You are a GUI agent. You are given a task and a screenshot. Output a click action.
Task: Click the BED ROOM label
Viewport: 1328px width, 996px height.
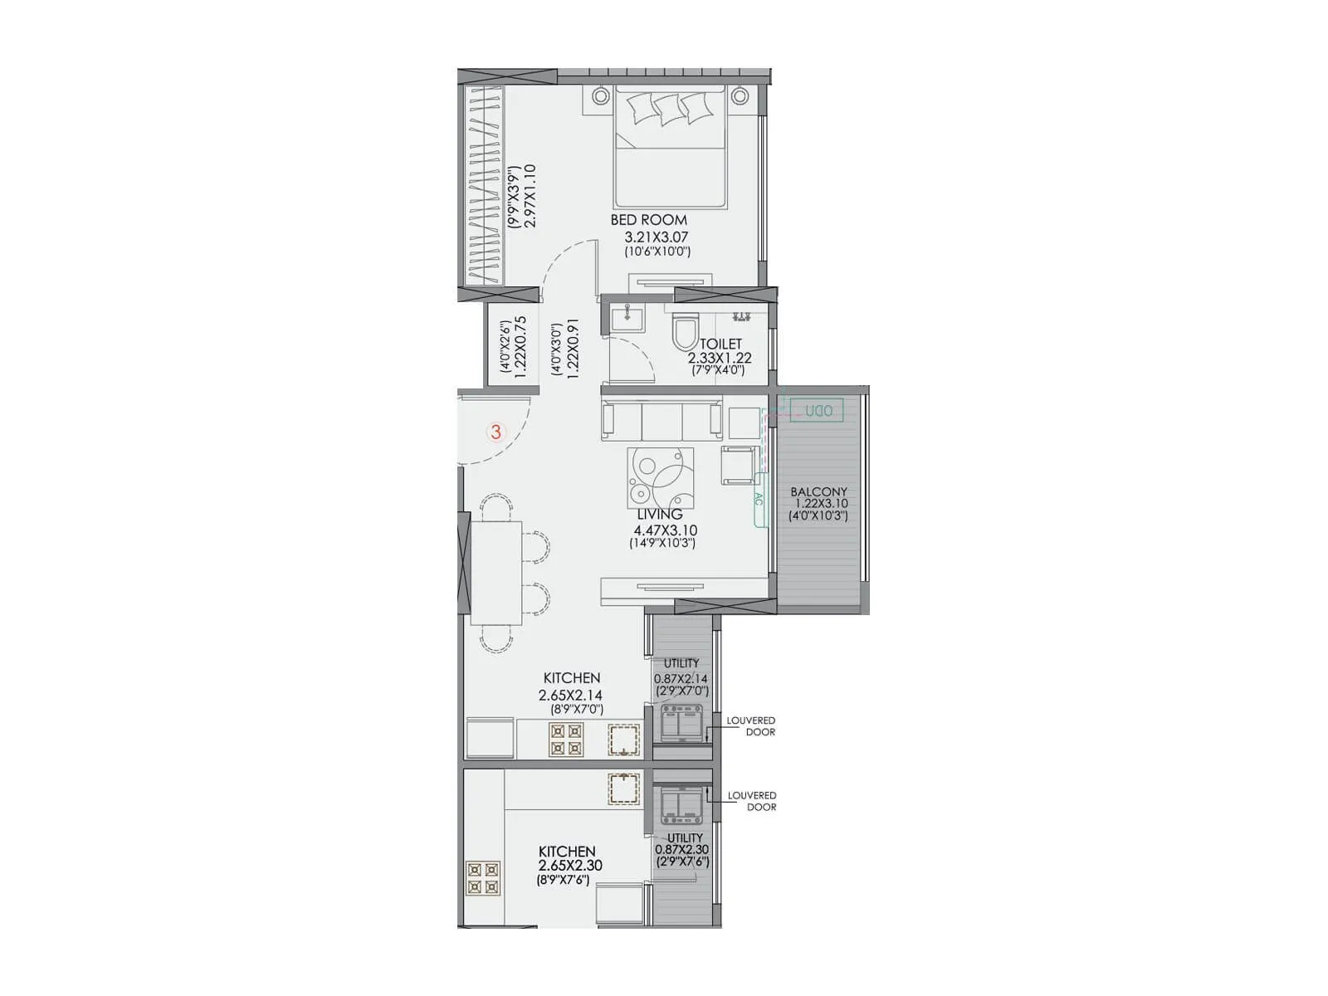(648, 220)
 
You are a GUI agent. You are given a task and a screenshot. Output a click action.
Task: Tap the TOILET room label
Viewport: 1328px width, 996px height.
(720, 344)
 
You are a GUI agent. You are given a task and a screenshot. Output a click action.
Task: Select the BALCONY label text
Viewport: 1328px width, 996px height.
(818, 492)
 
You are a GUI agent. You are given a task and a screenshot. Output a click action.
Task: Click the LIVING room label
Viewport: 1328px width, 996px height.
(660, 515)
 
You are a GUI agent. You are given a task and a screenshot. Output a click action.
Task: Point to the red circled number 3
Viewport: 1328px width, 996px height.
(496, 432)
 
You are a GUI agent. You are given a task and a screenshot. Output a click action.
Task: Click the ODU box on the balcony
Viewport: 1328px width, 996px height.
(818, 411)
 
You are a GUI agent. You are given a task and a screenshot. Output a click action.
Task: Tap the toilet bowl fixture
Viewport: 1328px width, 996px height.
(685, 334)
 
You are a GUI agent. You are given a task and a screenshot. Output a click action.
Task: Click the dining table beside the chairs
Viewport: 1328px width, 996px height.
(496, 572)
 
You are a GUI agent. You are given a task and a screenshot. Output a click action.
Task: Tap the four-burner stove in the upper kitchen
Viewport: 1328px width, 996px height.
(567, 740)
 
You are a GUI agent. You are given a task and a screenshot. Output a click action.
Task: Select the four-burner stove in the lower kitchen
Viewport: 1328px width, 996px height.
(484, 878)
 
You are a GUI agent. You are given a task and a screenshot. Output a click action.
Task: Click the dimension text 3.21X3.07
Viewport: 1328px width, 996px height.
(657, 237)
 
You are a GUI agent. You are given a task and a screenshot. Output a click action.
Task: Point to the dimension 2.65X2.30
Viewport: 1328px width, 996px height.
(569, 866)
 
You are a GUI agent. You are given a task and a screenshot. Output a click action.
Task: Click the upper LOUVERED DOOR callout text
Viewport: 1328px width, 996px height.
(751, 726)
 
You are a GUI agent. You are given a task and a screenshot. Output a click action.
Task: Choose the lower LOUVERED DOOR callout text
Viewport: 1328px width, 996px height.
(752, 801)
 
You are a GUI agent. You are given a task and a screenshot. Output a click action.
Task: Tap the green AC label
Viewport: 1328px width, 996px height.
(758, 500)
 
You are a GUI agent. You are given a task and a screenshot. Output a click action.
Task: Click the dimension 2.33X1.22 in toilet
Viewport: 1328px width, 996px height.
(719, 358)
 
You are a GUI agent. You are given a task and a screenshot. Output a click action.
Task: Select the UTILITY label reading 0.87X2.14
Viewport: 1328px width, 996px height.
(681, 678)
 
